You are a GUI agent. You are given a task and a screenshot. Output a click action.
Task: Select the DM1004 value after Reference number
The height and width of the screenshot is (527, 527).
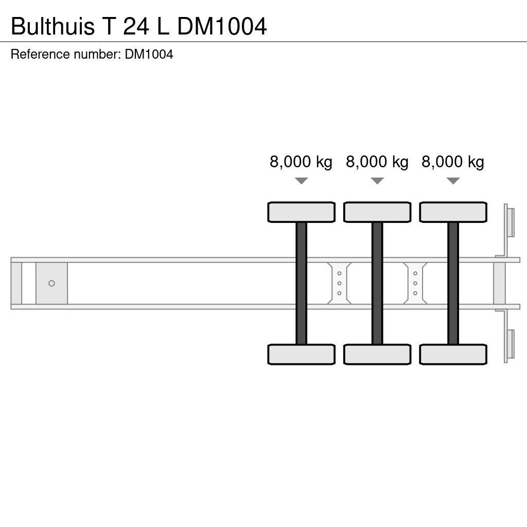pos(149,55)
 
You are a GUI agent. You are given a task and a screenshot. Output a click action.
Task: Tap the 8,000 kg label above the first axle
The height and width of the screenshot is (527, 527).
pos(301,162)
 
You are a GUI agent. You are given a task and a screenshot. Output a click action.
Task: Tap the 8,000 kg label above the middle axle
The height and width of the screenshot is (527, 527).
pos(377,162)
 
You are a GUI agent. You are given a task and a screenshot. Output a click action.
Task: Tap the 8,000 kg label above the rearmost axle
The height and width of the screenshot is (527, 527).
pos(453,162)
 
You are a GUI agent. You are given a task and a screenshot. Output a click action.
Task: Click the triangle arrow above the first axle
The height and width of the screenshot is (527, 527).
pos(301,181)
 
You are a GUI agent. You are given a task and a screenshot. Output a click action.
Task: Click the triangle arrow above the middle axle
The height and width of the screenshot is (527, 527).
pos(377,181)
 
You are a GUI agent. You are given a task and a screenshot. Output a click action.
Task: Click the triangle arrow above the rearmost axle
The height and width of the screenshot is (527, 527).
pos(453,181)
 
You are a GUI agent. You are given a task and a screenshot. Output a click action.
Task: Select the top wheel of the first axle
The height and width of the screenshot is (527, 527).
pos(301,212)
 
